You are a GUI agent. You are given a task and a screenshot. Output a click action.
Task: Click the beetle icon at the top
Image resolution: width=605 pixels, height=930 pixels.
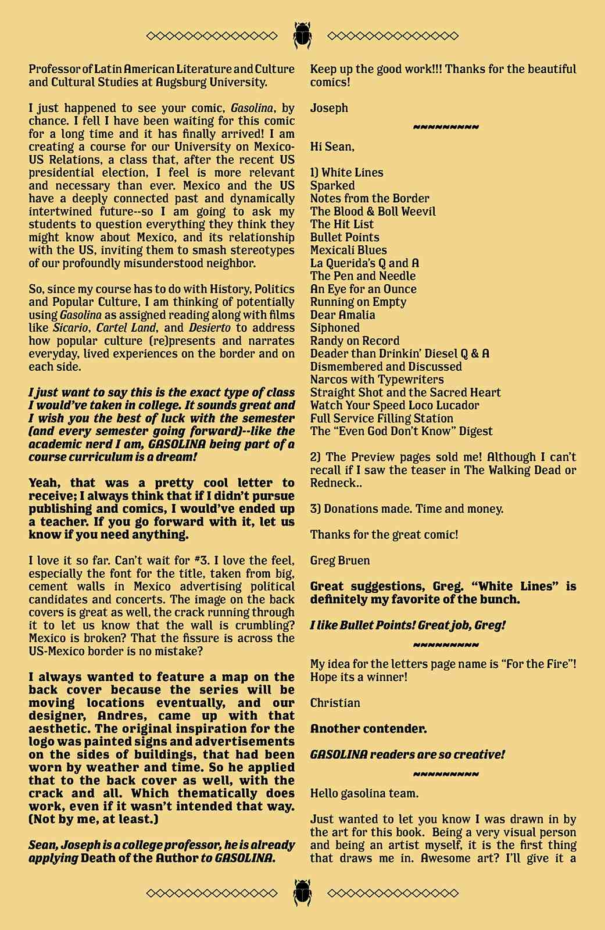click(x=302, y=35)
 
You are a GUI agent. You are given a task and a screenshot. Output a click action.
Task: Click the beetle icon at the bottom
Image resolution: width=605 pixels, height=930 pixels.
click(x=302, y=892)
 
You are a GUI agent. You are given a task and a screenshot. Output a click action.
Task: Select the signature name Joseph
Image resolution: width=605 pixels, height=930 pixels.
click(x=329, y=108)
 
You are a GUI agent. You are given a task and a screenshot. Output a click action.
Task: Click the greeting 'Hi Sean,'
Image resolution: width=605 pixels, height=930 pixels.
click(x=332, y=146)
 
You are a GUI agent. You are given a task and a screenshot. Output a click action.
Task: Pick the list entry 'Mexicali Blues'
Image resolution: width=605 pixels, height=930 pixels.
click(x=348, y=251)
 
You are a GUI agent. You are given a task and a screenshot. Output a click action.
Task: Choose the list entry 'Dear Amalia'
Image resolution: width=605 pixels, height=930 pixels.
click(x=342, y=315)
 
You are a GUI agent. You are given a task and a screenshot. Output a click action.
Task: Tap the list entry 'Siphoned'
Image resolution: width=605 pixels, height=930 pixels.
click(x=335, y=328)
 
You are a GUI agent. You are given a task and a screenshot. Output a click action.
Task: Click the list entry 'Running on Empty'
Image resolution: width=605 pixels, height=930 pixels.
click(x=358, y=302)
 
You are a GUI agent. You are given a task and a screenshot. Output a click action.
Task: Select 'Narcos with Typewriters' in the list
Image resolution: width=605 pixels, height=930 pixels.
click(x=377, y=380)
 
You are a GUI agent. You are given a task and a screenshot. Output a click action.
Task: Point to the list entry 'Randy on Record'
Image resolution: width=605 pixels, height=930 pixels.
click(x=355, y=341)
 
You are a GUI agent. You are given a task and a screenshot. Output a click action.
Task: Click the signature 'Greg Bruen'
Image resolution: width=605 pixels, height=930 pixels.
click(x=340, y=561)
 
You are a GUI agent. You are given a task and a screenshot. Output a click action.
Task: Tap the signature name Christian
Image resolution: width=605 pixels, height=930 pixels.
click(x=335, y=703)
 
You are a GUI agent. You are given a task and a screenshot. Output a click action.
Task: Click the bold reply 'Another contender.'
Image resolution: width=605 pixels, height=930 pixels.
click(x=368, y=729)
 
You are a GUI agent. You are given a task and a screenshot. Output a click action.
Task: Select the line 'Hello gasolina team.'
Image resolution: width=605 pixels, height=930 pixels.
click(x=364, y=793)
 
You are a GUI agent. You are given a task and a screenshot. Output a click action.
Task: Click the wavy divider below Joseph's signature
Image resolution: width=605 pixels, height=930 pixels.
click(x=446, y=127)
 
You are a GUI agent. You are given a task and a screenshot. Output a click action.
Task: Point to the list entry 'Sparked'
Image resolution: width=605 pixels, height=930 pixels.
click(x=332, y=186)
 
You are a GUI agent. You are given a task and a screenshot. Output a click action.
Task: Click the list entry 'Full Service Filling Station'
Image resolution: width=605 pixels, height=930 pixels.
click(x=381, y=419)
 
